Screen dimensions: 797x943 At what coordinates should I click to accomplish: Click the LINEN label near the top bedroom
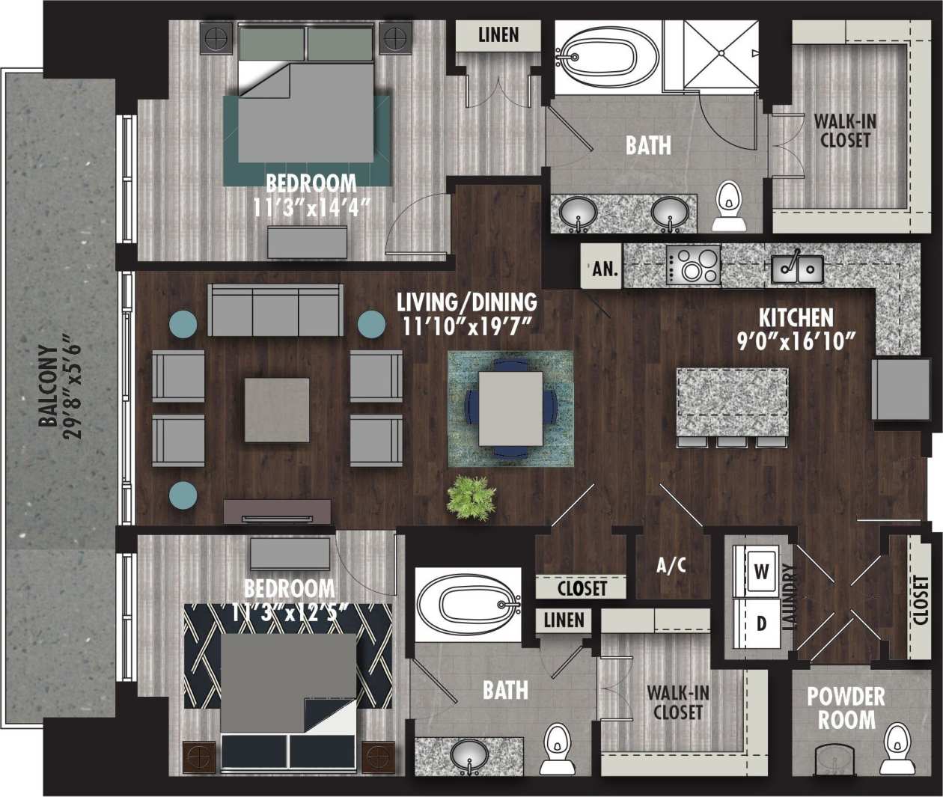tap(498, 34)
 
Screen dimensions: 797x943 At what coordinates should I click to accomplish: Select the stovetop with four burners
tap(694, 266)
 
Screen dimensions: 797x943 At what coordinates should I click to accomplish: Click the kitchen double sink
tap(797, 268)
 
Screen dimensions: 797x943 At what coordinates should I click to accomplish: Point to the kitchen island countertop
tap(731, 402)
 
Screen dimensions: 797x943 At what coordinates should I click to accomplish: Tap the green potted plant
tap(471, 497)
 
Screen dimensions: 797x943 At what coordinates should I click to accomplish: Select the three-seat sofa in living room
tap(275, 310)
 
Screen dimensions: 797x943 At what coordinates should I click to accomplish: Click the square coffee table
tap(277, 409)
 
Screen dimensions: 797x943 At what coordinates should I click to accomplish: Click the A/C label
tap(671, 565)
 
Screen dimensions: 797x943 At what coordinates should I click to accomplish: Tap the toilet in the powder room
tap(895, 748)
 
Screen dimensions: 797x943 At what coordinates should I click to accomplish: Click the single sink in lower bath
tap(469, 755)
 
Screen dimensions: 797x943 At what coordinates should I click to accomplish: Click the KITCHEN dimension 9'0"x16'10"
tap(796, 342)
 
